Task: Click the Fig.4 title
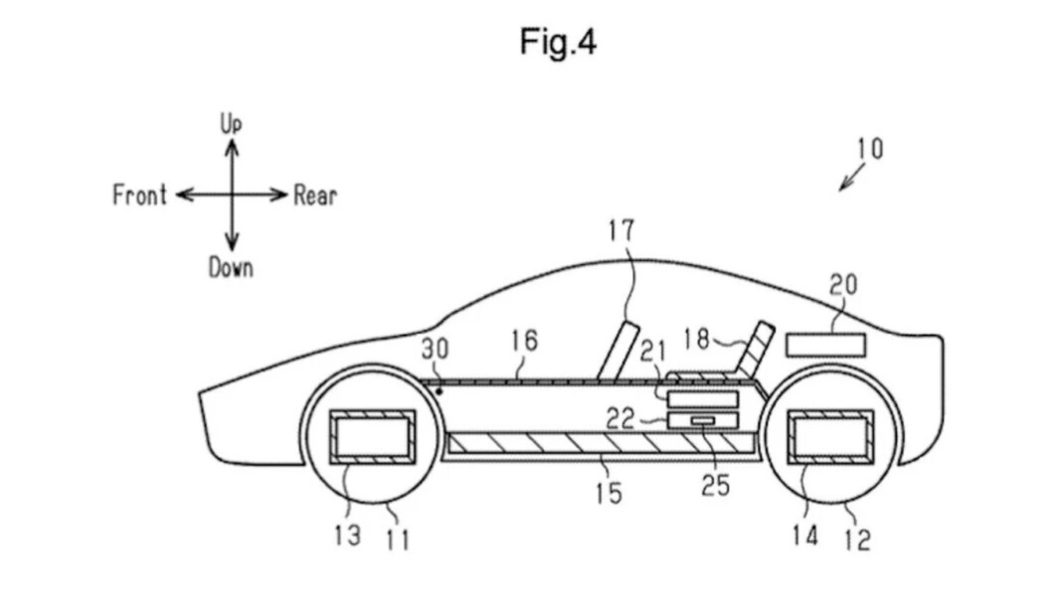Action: tap(558, 42)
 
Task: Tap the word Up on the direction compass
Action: tap(231, 124)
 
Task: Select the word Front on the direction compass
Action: tap(139, 195)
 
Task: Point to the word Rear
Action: tap(315, 196)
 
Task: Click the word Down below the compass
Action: tap(231, 268)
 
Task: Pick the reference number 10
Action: tap(870, 148)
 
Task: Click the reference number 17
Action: tap(621, 230)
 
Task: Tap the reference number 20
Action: tap(843, 285)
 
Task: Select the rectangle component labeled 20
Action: tap(825, 345)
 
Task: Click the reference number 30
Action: tap(435, 349)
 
